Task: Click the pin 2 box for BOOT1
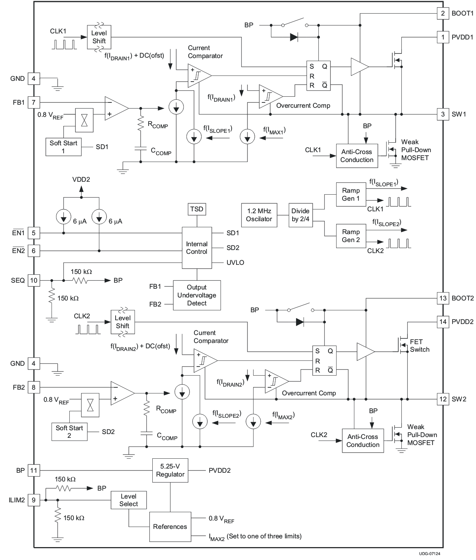pos(443,13)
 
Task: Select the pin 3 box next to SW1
pos(443,114)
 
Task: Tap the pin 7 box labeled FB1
pos(34,102)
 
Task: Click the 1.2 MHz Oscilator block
pos(259,215)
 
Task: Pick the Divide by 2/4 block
pos(301,215)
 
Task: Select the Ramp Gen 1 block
pos(351,195)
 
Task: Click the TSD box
pos(197,209)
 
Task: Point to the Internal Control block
pos(197,248)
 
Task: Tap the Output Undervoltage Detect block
pos(197,295)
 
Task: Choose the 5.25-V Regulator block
pos(170,470)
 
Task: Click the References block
pos(170,527)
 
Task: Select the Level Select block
pos(128,500)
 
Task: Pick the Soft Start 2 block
pos(69,432)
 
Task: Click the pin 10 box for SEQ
pos(34,280)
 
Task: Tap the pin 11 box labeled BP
pos(34,470)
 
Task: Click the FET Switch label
pos(420,346)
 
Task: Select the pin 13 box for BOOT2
pos(443,298)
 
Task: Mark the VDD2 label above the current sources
pos(81,179)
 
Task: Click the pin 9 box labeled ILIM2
pos(34,500)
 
